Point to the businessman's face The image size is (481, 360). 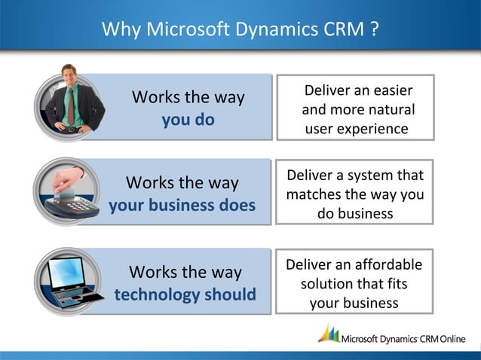[x=71, y=78]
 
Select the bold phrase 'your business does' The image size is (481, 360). [x=182, y=205]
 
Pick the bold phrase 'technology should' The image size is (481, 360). [x=185, y=294]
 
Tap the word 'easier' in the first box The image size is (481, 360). [x=391, y=91]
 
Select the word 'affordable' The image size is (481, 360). [x=387, y=265]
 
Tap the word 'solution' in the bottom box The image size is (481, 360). [x=328, y=285]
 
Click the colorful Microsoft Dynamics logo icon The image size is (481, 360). [x=329, y=334]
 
